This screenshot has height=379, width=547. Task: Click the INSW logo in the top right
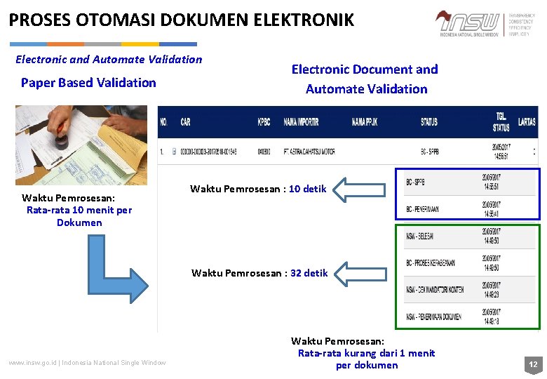468,23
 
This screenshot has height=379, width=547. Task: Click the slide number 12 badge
533,364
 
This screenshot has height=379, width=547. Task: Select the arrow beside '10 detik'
362,189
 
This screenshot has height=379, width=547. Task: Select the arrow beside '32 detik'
362,272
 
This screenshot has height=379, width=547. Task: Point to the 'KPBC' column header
264,122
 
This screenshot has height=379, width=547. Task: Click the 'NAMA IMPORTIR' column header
301,122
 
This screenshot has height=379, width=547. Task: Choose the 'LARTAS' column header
527,122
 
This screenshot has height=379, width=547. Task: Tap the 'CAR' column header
185,122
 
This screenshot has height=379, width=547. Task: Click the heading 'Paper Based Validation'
88,83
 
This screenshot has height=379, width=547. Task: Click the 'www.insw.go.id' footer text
32,362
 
